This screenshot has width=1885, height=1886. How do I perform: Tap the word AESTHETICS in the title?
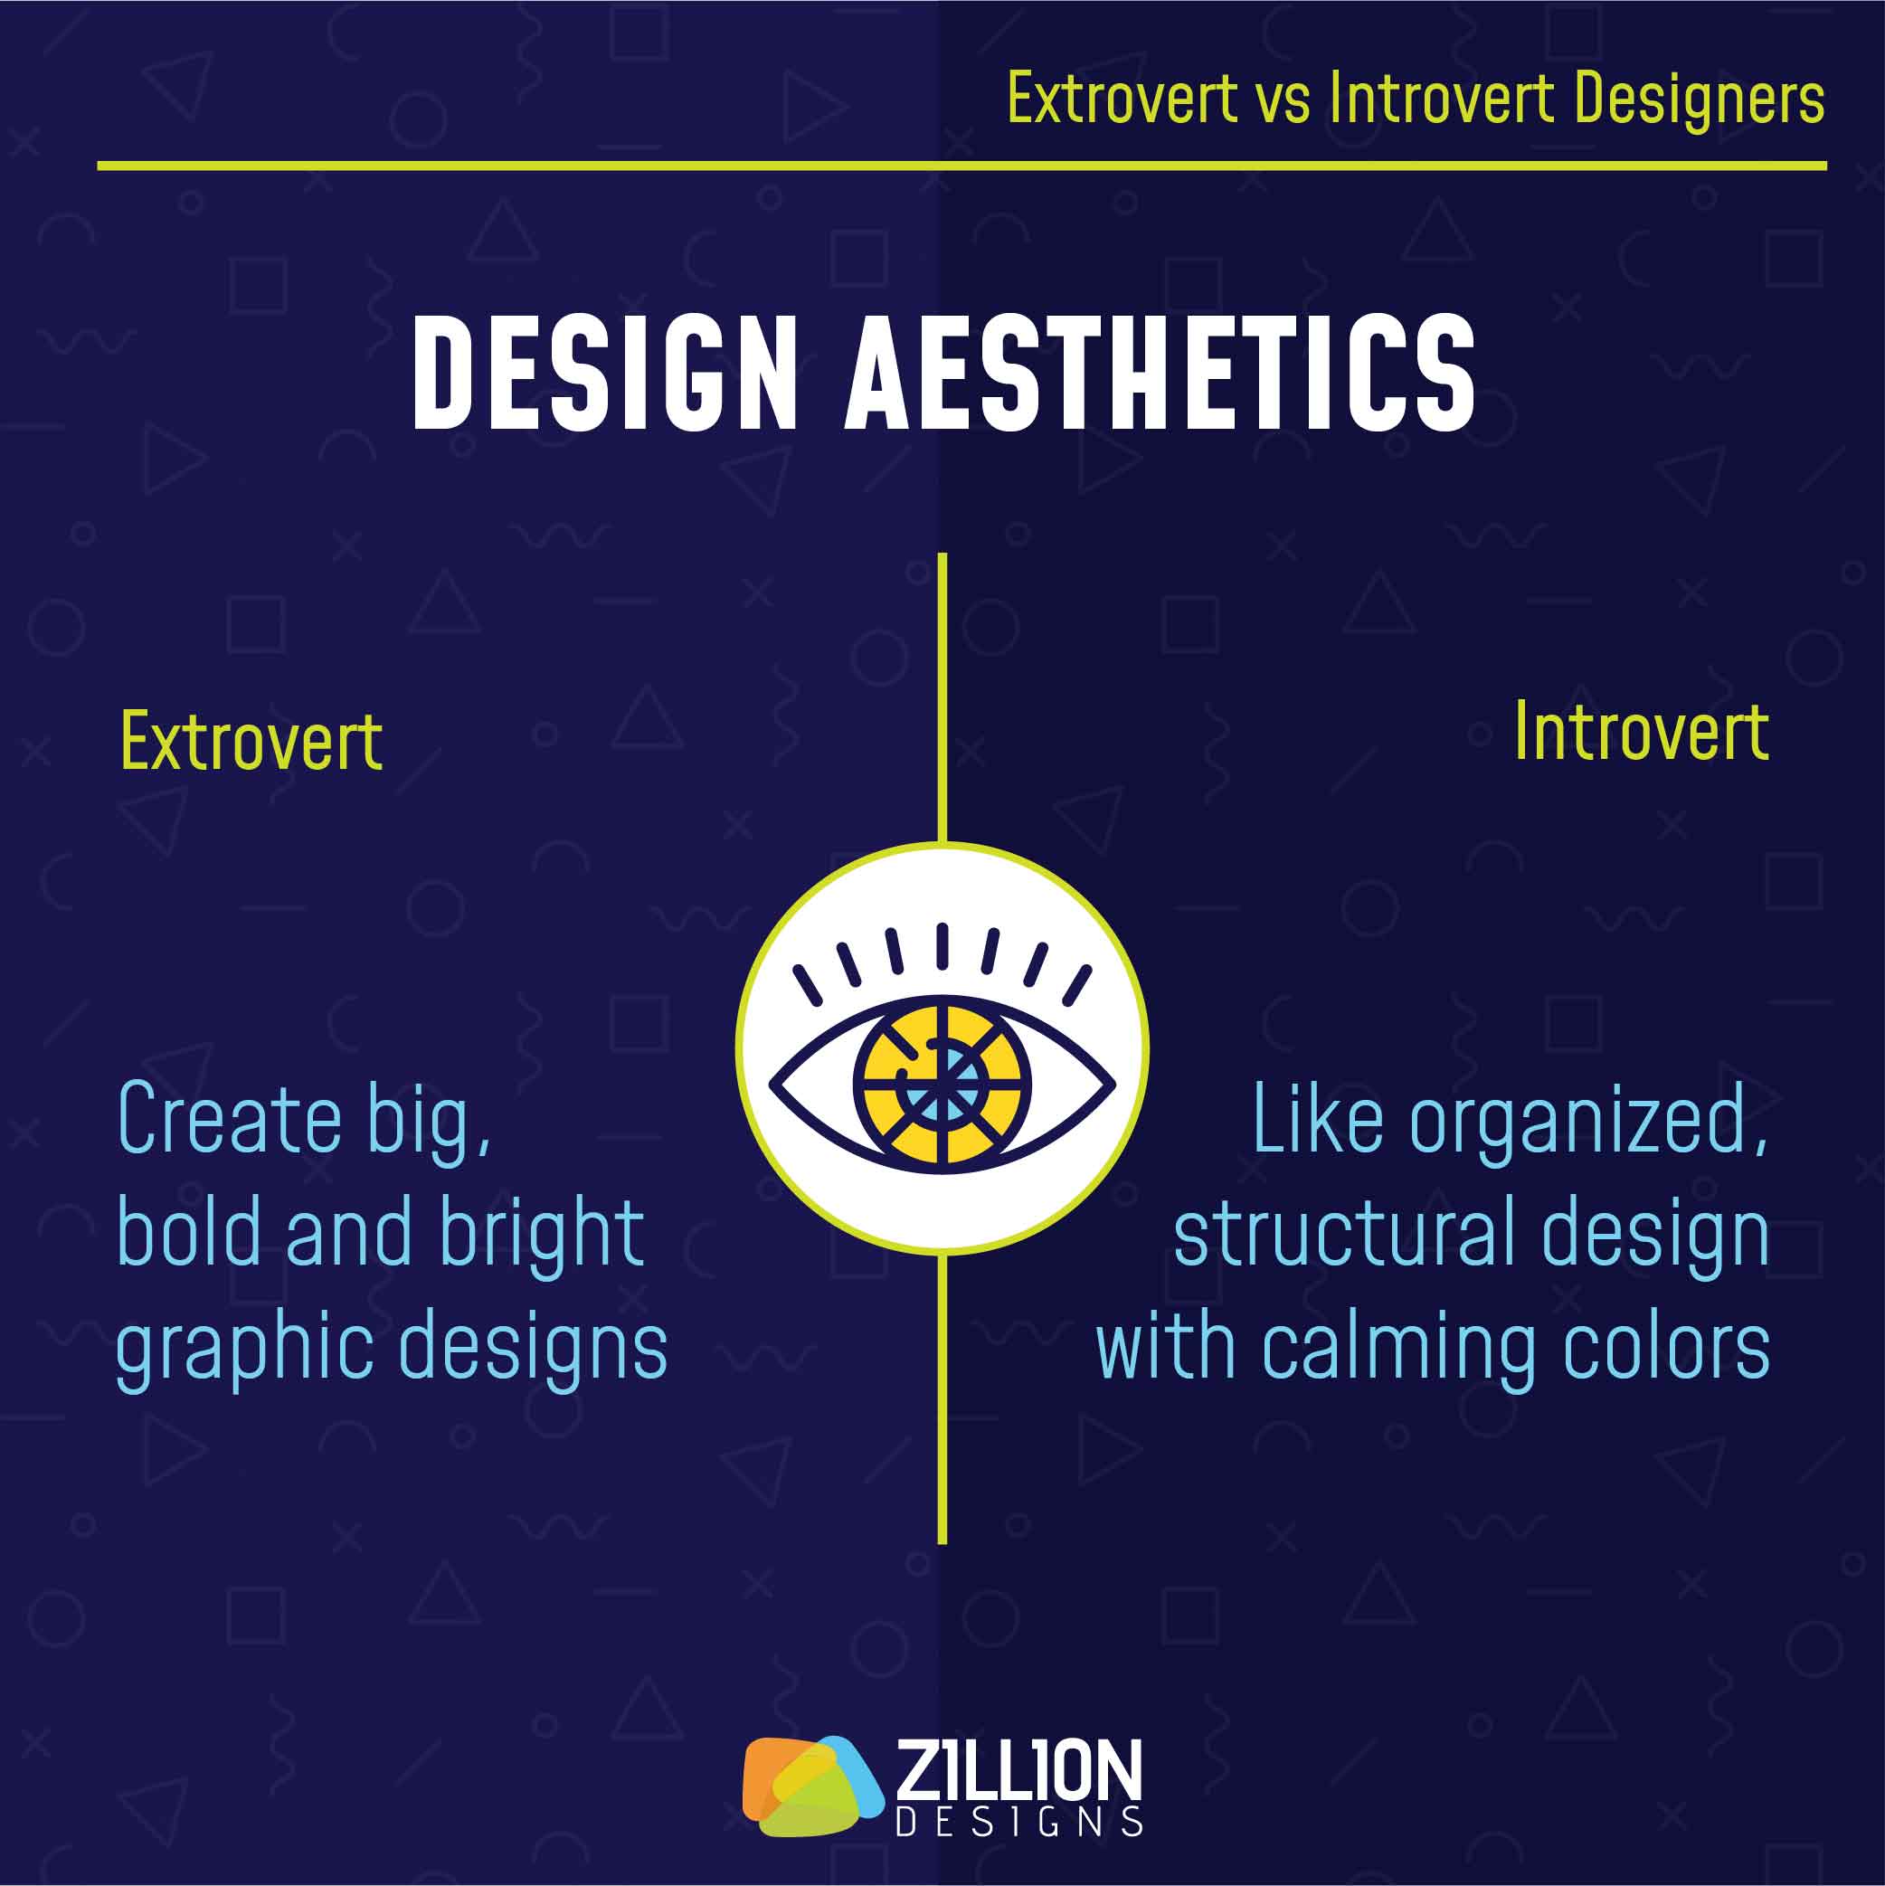click(x=1160, y=372)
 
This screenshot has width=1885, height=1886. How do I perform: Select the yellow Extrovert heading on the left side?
click(x=251, y=742)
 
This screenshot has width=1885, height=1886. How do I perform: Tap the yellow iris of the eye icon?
click(x=942, y=1084)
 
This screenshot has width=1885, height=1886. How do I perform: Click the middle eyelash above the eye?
click(x=942, y=945)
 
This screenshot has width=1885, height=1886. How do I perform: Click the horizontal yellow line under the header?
click(x=961, y=166)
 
